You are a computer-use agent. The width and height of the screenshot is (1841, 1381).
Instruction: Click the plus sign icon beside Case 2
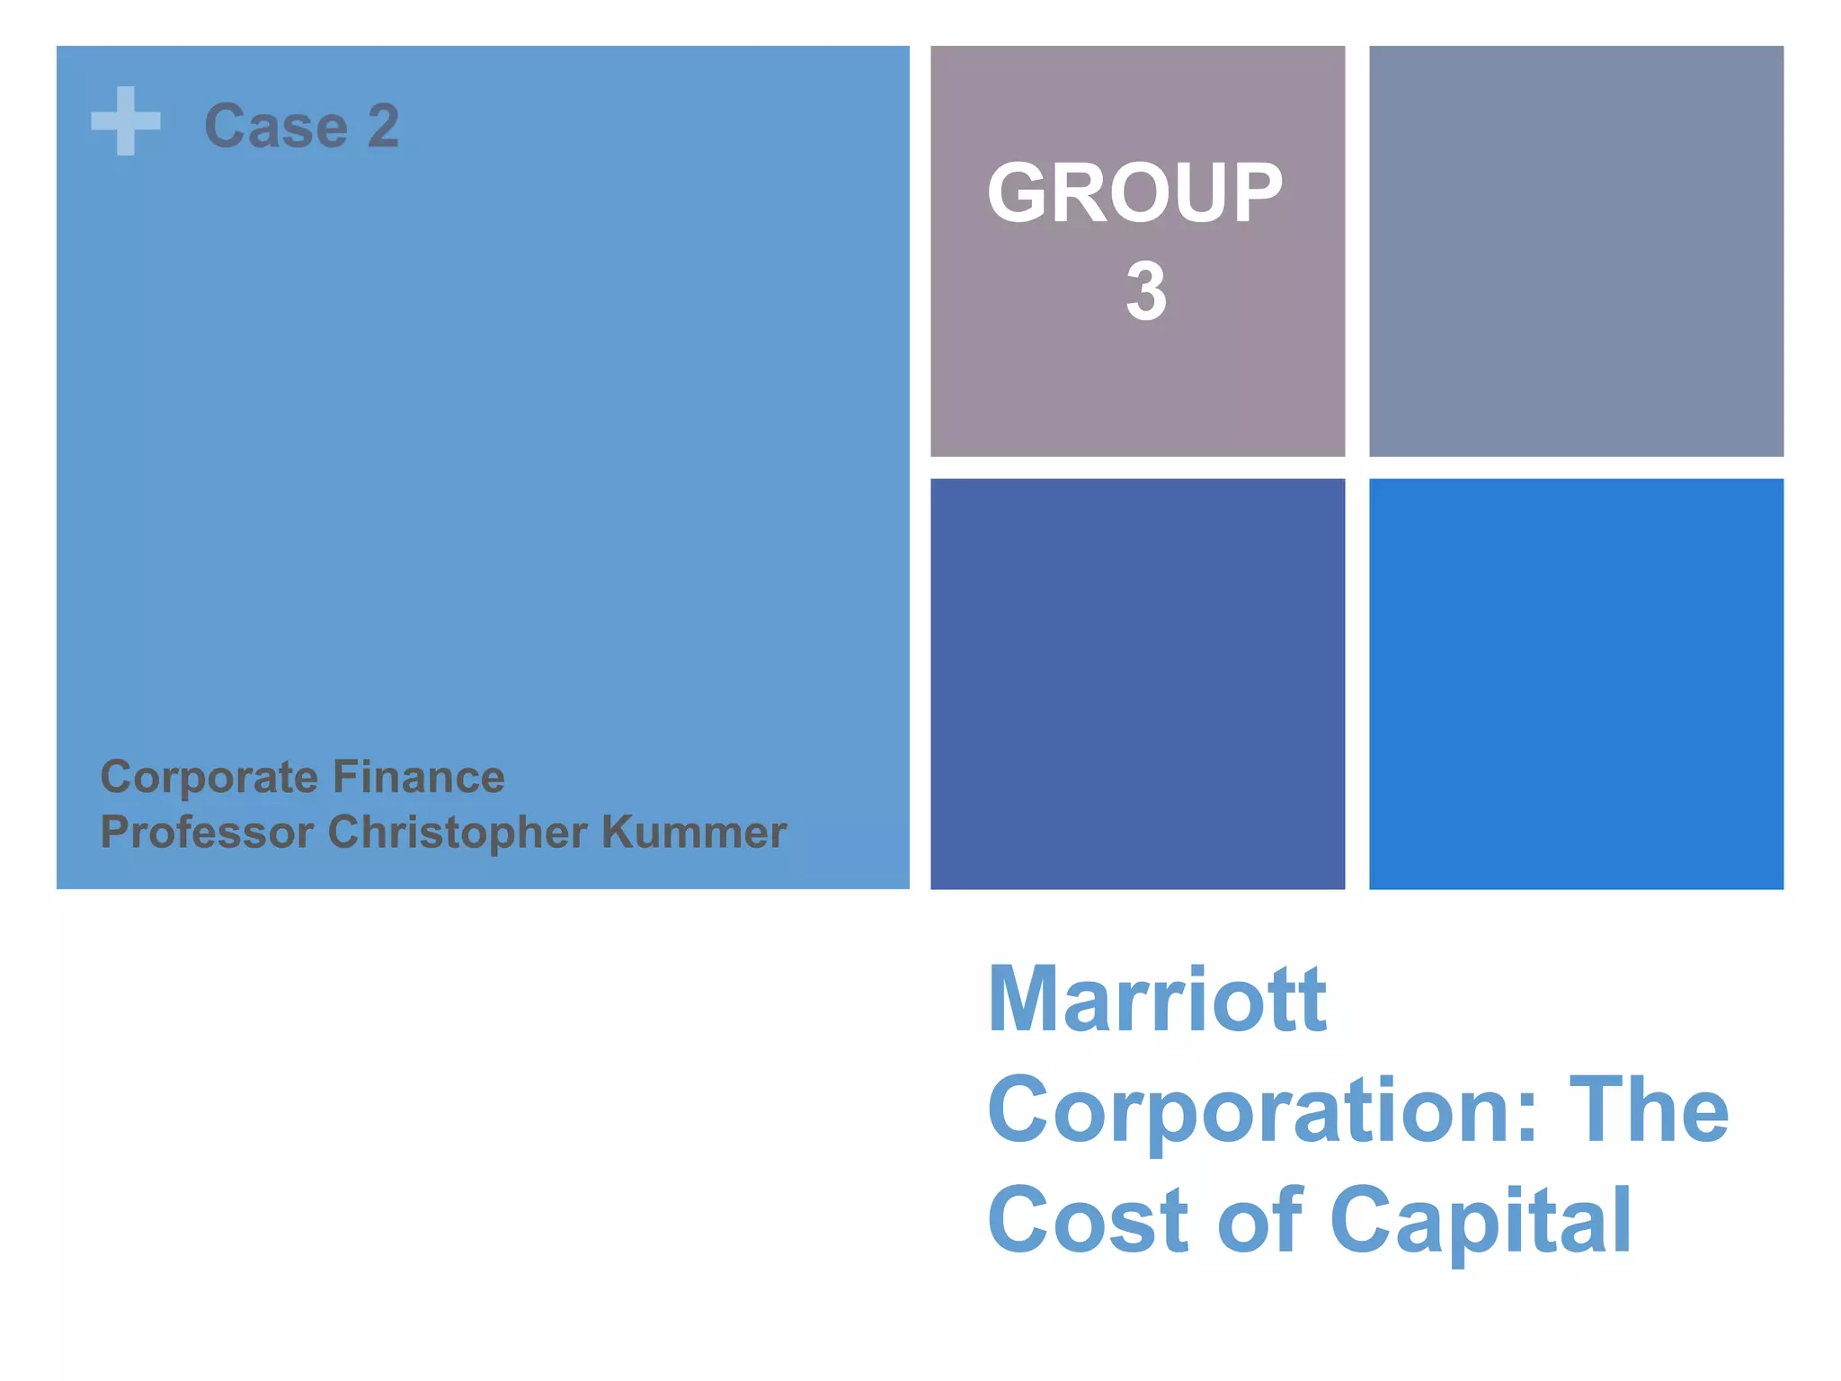tap(126, 121)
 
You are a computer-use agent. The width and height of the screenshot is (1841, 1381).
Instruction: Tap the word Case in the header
tap(276, 126)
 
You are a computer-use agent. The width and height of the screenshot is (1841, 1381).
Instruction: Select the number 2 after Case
tap(383, 126)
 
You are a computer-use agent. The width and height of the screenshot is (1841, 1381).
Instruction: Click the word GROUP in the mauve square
tap(1135, 193)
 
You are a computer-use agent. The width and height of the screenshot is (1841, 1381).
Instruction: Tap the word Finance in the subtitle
tap(418, 777)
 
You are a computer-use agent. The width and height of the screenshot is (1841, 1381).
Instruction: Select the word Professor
tap(206, 832)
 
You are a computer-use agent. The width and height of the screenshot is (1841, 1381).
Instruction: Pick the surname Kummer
tap(693, 832)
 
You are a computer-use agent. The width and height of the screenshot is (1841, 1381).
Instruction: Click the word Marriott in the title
tap(1157, 1000)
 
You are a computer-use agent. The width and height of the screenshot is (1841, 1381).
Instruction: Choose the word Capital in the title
tap(1480, 1222)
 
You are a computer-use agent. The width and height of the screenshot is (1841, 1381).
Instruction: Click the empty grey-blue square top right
tap(1576, 251)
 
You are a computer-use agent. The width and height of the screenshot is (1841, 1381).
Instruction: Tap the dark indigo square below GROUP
tap(1137, 683)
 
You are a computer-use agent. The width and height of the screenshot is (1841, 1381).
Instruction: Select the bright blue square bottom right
tap(1576, 683)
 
